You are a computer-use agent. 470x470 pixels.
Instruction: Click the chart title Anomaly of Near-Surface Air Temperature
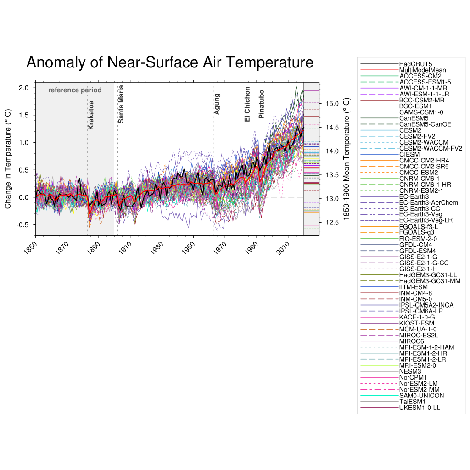pos(170,62)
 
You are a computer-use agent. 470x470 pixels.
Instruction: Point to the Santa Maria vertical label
pos(121,104)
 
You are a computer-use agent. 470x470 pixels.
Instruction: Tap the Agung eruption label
pos(217,104)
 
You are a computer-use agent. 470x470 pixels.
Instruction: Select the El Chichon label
pos(247,104)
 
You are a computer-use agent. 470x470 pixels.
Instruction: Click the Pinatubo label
pos(261,105)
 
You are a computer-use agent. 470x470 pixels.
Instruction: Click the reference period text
pos(75,90)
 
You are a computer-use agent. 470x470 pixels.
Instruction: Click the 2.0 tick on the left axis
pos(24,88)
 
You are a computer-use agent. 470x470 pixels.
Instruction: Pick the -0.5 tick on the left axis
pos(23,225)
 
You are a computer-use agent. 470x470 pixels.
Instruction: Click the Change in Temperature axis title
pos(8,158)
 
